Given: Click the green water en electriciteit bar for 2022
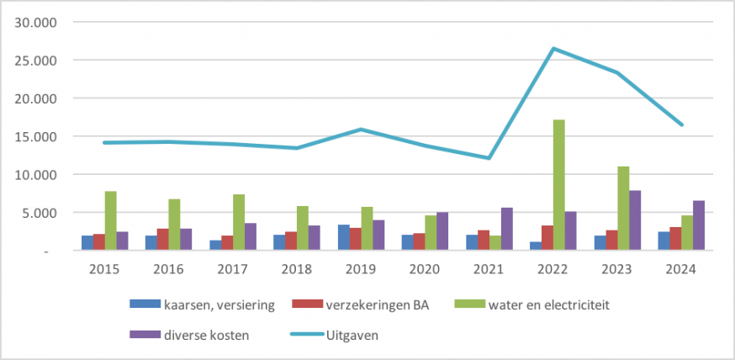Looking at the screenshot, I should [x=558, y=185].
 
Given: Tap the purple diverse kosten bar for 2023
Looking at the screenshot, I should [x=635, y=220].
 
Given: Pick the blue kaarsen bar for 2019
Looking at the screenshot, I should [x=343, y=238].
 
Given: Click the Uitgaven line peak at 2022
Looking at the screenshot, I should [x=553, y=49].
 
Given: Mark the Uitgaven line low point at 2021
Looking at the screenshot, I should [x=489, y=158].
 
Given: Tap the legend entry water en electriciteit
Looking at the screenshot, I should [x=547, y=304].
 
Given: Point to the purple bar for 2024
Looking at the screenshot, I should [x=699, y=225].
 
